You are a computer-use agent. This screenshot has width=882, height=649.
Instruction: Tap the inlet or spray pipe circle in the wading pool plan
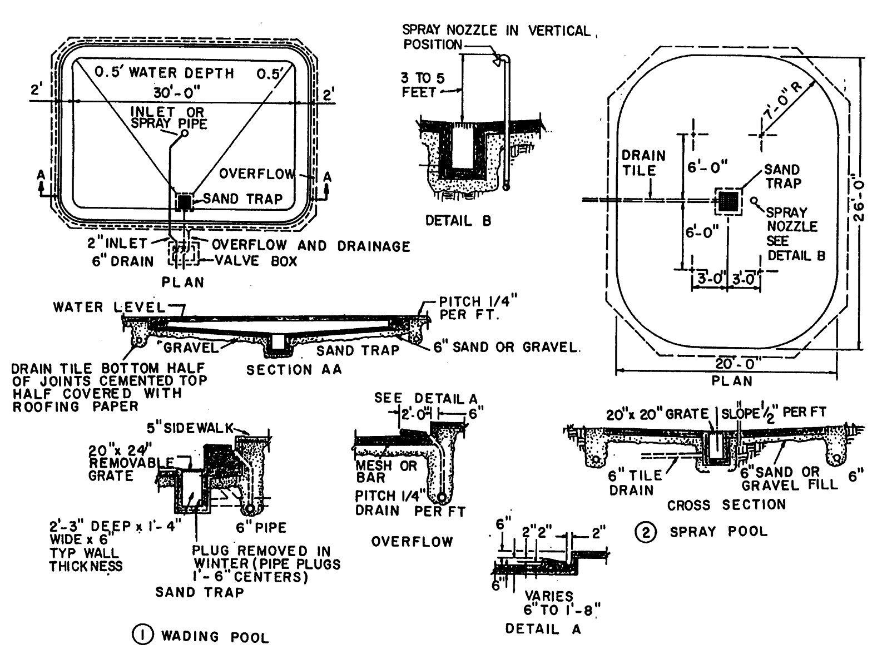[185, 133]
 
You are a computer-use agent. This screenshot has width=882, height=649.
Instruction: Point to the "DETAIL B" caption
[458, 221]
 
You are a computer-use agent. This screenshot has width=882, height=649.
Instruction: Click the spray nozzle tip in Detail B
[497, 62]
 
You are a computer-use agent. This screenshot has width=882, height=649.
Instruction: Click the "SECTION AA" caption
[294, 370]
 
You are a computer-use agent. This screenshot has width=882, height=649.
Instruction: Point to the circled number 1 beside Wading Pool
[142, 635]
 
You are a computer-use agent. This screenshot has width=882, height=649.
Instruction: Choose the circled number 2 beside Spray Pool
[645, 532]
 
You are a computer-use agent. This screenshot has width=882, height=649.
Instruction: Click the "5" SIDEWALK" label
[189, 428]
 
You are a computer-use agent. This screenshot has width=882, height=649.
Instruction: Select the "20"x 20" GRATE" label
[657, 414]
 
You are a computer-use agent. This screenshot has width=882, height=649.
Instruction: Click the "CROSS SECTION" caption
[726, 505]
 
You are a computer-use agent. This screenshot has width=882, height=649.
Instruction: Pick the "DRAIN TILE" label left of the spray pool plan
[643, 162]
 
